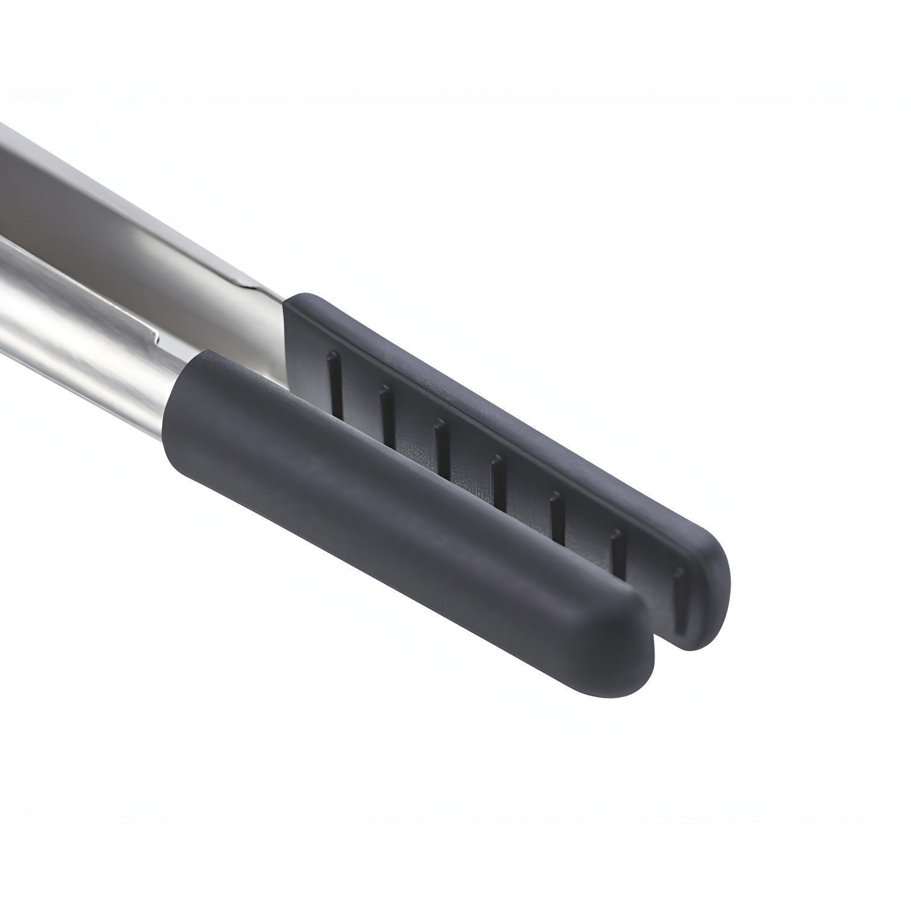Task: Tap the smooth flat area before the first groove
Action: (308, 356)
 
